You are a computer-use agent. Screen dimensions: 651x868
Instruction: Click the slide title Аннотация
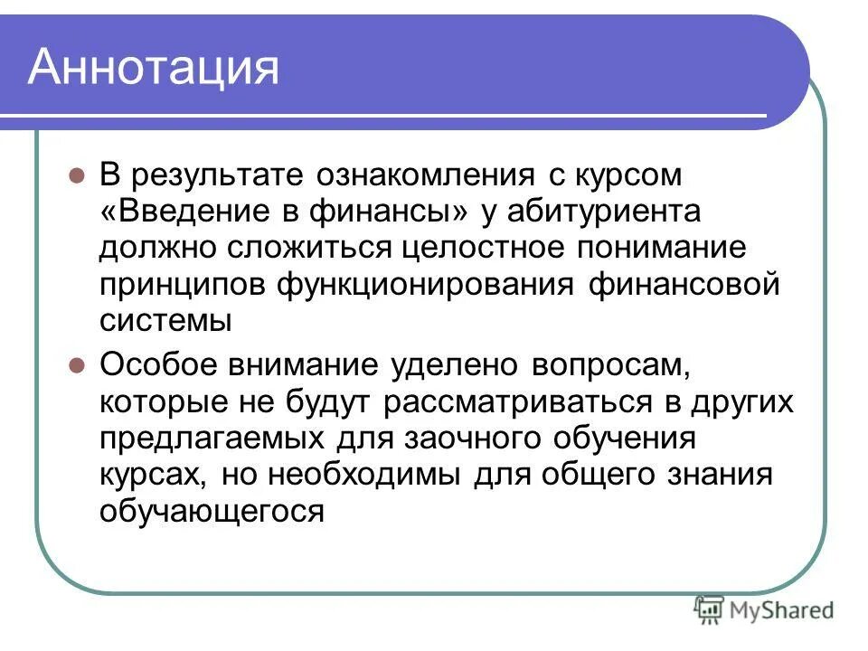(x=154, y=68)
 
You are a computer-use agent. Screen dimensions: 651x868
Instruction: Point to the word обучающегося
(x=212, y=513)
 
